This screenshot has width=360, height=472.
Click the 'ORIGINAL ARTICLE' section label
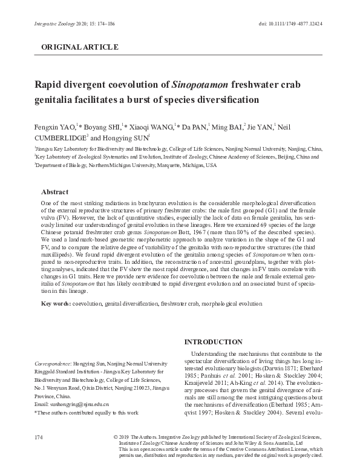[x=79, y=47]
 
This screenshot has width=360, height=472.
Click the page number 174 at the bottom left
[x=39, y=437]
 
